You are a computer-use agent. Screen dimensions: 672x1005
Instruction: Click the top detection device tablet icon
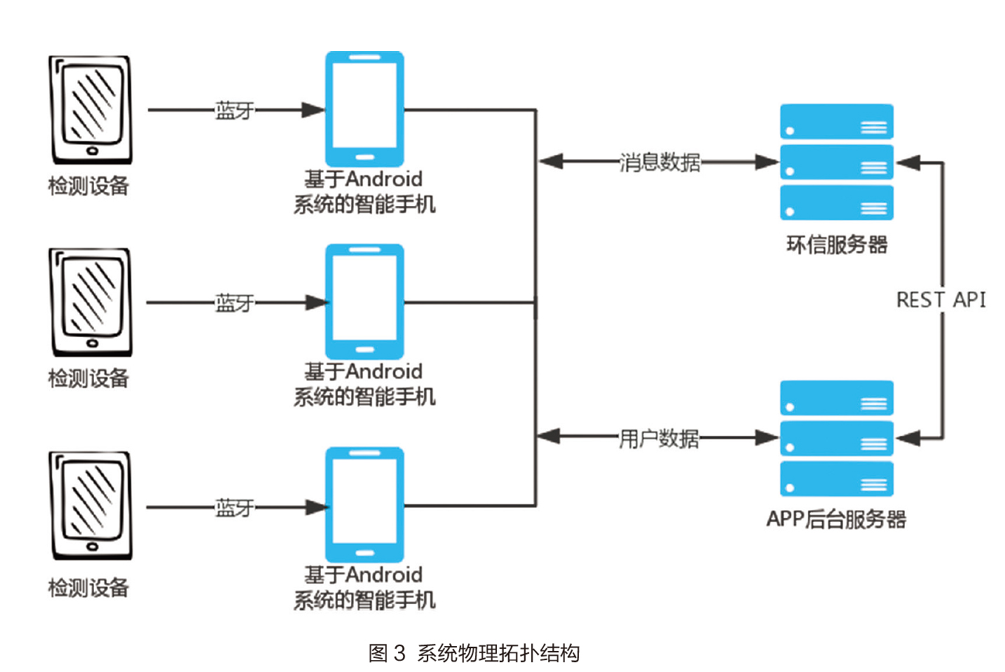90,110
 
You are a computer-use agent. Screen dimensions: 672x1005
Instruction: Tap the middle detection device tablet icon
90,302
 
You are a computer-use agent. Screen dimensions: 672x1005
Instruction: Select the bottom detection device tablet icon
90,505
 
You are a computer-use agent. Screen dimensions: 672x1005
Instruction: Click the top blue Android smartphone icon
364,109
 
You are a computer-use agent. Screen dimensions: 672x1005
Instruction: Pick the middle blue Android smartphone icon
364,301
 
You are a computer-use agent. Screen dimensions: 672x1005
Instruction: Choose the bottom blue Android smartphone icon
364,505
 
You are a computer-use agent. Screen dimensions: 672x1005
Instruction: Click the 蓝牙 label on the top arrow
234,110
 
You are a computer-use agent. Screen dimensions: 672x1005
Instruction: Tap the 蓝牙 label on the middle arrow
234,303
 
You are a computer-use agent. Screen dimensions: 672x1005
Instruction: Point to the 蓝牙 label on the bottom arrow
234,507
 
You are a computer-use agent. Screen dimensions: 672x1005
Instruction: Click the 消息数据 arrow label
659,162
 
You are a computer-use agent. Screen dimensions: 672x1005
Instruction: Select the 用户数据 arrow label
659,438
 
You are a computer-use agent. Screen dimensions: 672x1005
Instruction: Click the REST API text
941,300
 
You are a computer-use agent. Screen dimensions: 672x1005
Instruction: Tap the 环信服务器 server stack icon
837,162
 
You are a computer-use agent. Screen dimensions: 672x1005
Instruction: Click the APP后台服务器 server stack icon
837,438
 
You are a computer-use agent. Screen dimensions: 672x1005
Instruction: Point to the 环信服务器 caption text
837,245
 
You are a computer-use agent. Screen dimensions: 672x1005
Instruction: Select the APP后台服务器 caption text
836,519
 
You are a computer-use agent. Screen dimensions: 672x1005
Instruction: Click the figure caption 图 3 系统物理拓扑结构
474,653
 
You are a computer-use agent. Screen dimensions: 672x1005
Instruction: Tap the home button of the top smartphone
364,157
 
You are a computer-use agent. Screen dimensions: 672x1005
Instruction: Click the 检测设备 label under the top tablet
89,186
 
